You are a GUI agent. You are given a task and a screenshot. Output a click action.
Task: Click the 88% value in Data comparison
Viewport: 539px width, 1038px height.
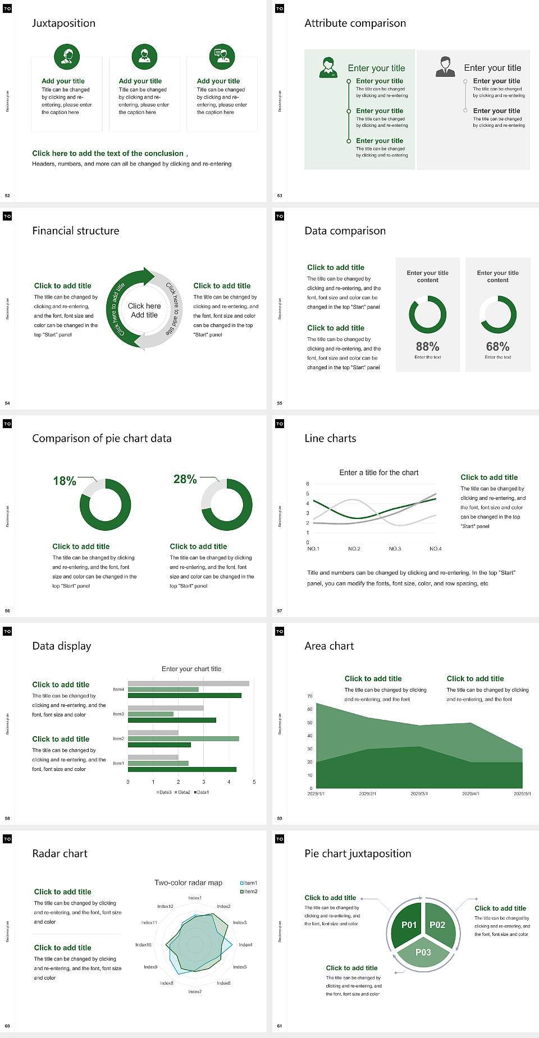(x=427, y=347)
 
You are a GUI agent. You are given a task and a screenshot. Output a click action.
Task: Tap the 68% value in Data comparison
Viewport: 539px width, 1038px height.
(x=497, y=347)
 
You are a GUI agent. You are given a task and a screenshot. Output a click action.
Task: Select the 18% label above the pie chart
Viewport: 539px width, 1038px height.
(x=65, y=481)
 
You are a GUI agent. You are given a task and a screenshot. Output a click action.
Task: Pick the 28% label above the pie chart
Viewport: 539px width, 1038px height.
(x=185, y=479)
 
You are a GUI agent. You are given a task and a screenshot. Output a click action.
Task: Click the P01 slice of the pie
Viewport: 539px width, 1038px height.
(x=409, y=925)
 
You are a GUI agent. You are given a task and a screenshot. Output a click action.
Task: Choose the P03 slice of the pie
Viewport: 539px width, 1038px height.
(x=423, y=952)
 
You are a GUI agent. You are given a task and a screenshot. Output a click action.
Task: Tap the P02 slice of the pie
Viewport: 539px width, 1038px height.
(x=437, y=925)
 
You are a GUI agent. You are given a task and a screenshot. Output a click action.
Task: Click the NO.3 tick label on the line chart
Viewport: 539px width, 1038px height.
(x=395, y=549)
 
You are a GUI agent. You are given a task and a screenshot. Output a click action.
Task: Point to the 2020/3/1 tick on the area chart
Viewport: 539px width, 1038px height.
(x=419, y=794)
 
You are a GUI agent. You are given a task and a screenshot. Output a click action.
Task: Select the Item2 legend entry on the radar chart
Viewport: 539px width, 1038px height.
(x=250, y=892)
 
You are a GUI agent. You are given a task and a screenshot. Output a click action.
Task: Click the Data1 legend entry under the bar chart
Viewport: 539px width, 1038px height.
(x=202, y=792)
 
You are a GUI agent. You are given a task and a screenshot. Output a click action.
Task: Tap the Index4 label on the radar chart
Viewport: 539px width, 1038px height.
(x=245, y=945)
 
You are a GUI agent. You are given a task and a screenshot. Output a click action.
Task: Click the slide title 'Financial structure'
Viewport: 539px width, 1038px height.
(x=76, y=231)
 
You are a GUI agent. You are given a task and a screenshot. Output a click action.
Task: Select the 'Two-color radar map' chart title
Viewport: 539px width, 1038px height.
(x=188, y=883)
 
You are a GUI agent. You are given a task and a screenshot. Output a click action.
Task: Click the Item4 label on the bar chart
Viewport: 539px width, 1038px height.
(x=118, y=689)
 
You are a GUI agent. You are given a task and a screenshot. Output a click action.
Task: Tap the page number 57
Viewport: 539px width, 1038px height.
(x=280, y=610)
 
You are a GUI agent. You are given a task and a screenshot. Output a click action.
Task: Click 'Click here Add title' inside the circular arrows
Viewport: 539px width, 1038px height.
(x=144, y=310)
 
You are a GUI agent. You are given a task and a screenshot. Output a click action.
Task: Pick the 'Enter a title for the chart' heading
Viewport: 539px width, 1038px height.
(x=379, y=472)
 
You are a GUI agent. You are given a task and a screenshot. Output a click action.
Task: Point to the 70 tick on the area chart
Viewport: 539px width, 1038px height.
(x=310, y=696)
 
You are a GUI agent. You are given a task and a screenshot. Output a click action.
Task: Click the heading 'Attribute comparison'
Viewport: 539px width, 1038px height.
(x=355, y=23)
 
